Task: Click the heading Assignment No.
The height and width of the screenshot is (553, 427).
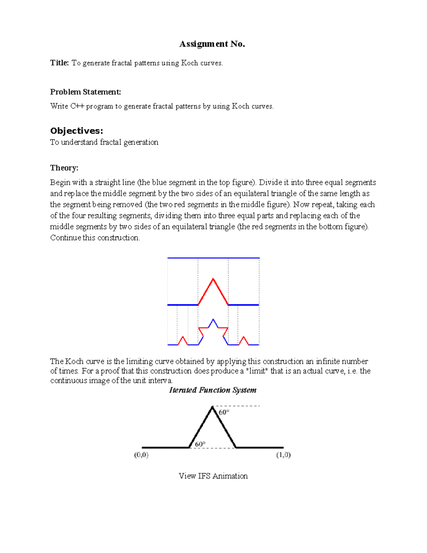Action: [x=212, y=44]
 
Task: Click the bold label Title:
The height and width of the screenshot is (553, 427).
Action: [x=59, y=63]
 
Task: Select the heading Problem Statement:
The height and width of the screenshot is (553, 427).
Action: [x=85, y=92]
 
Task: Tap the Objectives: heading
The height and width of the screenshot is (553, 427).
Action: [x=77, y=131]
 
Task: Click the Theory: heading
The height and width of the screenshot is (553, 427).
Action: [x=64, y=168]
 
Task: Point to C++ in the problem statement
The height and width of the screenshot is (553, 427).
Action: [x=77, y=106]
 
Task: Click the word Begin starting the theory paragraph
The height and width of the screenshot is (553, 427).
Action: [x=60, y=183]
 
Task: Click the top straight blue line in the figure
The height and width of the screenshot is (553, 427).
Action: [x=213, y=258]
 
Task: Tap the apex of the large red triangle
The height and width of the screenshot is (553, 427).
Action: [x=213, y=279]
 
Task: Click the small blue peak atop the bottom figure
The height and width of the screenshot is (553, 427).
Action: [x=213, y=320]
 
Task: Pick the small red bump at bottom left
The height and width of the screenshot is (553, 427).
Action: [x=183, y=340]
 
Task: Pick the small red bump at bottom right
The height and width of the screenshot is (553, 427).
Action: [x=244, y=340]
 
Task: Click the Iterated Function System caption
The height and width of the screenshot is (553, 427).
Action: [x=213, y=390]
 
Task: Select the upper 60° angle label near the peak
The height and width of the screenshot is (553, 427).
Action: [x=224, y=412]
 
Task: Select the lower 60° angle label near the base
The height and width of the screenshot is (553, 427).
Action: [x=200, y=444]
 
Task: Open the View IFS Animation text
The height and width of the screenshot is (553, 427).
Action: [x=213, y=476]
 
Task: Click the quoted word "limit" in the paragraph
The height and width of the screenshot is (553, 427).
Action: [x=257, y=371]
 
